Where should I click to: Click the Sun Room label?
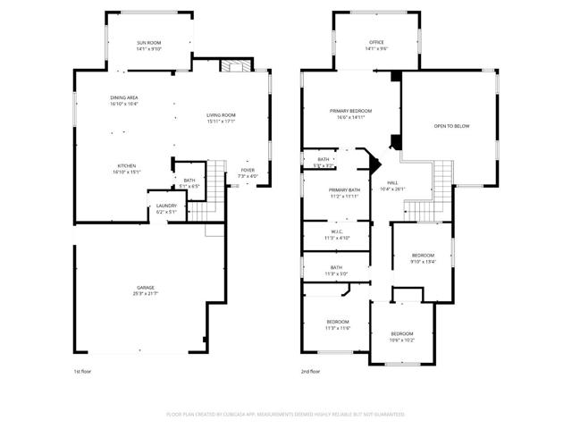[x=148, y=43]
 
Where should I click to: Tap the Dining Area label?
[x=124, y=97]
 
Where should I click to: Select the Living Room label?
[x=221, y=114]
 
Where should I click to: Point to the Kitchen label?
[x=125, y=166]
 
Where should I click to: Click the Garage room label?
[x=146, y=287]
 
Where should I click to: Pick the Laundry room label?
[x=166, y=206]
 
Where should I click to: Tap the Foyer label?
[x=248, y=171]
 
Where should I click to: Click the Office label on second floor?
[x=377, y=43]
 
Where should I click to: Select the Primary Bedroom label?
[x=354, y=111]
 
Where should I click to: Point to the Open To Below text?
[x=451, y=126]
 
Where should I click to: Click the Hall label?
[x=392, y=182]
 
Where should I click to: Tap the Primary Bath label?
[x=343, y=190]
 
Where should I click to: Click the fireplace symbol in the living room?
[x=235, y=66]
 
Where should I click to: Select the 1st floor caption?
[x=82, y=371]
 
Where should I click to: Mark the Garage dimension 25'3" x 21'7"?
[x=146, y=293]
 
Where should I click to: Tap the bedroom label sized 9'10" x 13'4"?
[x=423, y=259]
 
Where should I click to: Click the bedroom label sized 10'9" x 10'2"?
[x=400, y=336]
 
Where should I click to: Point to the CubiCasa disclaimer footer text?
[x=286, y=414]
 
